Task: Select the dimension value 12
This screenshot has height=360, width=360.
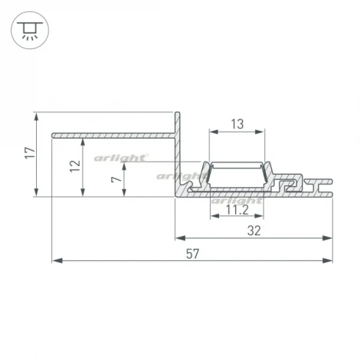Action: pos(74,166)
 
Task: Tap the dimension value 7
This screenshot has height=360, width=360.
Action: pos(115,182)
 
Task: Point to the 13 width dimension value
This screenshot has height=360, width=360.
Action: pos(237,124)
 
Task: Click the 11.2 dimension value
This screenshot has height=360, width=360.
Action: pos(237,208)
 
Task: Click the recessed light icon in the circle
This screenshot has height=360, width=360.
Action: pos(29,30)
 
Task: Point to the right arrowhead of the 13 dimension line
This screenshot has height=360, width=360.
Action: pos(263,131)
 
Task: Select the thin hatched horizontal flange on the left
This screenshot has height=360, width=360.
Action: pos(111,136)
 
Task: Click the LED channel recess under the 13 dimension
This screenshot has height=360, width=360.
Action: pos(237,175)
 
